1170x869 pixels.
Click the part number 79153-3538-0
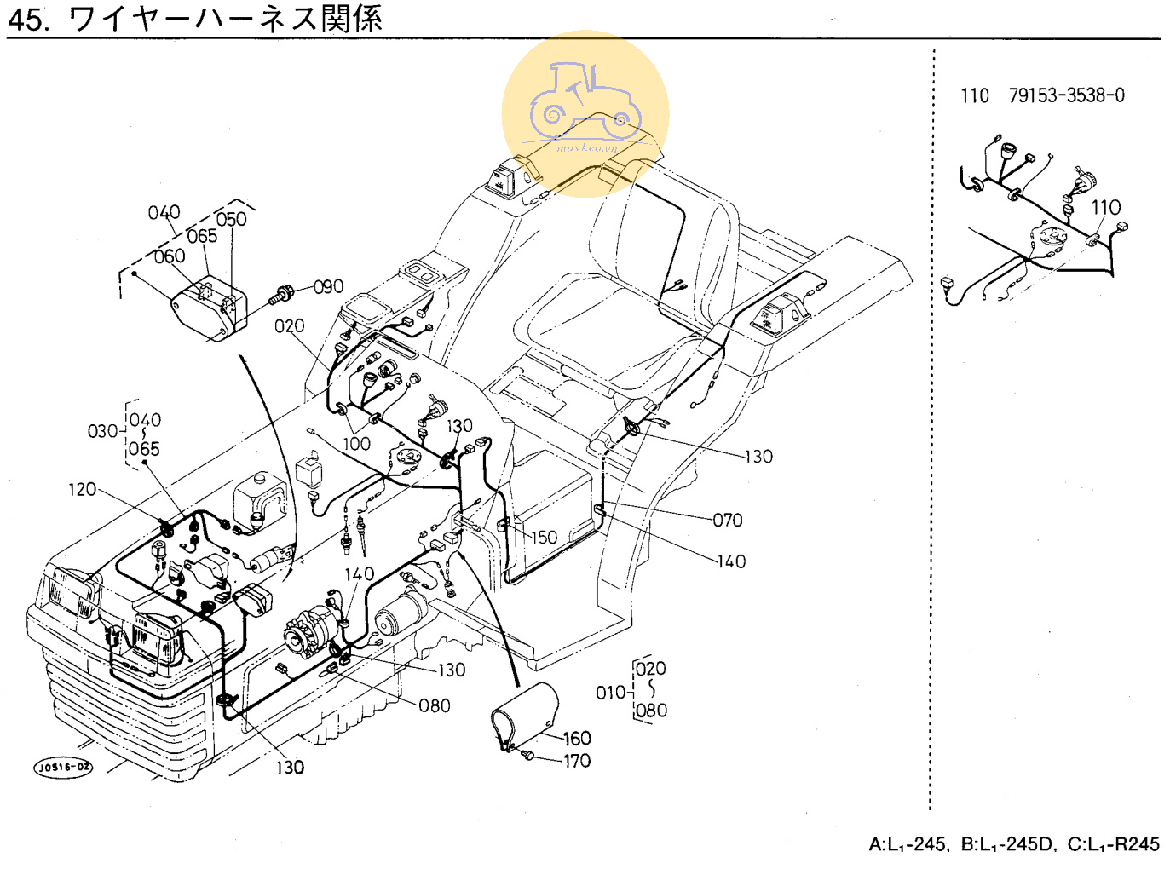[1066, 95]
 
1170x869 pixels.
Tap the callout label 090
[328, 287]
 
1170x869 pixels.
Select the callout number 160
[577, 739]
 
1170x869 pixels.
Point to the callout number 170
[577, 761]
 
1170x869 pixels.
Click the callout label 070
[728, 520]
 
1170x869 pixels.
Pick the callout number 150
[544, 538]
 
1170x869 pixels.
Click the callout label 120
[83, 489]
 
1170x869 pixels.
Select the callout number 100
[356, 444]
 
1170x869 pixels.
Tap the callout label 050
[231, 220]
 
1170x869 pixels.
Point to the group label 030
[102, 431]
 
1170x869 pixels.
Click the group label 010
[610, 693]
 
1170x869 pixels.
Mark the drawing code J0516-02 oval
[64, 767]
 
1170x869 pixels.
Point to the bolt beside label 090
[280, 296]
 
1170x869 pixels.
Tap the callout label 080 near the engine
[434, 705]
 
